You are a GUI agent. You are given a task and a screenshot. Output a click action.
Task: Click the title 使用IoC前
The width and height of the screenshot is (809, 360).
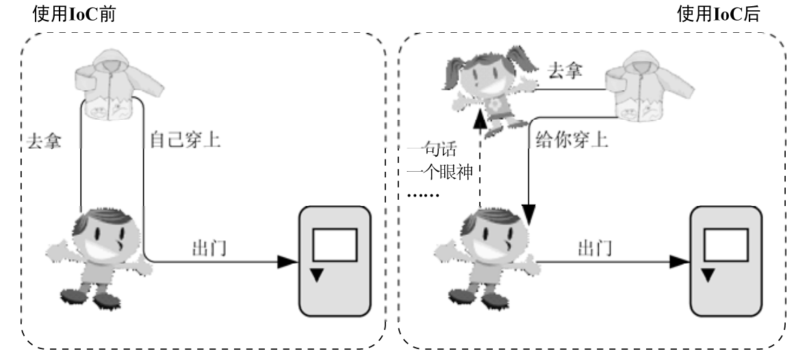point(74,14)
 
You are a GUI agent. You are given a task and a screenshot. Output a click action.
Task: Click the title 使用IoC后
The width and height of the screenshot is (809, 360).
point(718,14)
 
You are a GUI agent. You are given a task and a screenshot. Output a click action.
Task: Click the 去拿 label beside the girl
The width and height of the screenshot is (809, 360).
point(565,70)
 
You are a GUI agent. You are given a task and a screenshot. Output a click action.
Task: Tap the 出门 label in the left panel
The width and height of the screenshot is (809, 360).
point(209,248)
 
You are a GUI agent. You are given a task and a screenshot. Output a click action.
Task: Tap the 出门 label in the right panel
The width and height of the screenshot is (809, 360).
point(595,248)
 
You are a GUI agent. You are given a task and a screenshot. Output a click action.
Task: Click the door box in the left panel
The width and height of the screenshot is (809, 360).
point(335,261)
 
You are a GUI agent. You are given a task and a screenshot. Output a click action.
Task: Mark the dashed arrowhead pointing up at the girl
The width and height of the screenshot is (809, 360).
point(480,122)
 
